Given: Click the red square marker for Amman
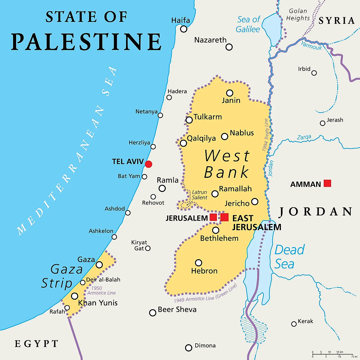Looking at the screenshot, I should [327, 183].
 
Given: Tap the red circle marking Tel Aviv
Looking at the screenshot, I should [148, 164].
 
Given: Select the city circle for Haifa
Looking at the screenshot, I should [184, 29].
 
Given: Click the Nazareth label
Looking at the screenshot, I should [210, 40].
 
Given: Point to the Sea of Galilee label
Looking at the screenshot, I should [248, 25].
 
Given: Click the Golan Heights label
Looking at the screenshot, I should [298, 15].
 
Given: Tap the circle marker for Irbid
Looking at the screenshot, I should [314, 73].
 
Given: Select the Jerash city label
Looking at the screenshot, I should [335, 120].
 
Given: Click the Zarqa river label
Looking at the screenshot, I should [304, 137].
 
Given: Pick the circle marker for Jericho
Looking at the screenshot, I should [255, 202].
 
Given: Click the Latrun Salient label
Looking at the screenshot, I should [199, 195].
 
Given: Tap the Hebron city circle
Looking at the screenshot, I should [199, 263].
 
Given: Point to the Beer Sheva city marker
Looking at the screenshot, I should [153, 313].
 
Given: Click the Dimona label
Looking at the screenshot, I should [205, 346].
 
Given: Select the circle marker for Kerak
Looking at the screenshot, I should [294, 324].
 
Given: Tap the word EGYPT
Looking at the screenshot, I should [37, 344].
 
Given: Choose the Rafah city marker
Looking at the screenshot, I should [67, 308].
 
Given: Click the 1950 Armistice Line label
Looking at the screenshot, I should [101, 290].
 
